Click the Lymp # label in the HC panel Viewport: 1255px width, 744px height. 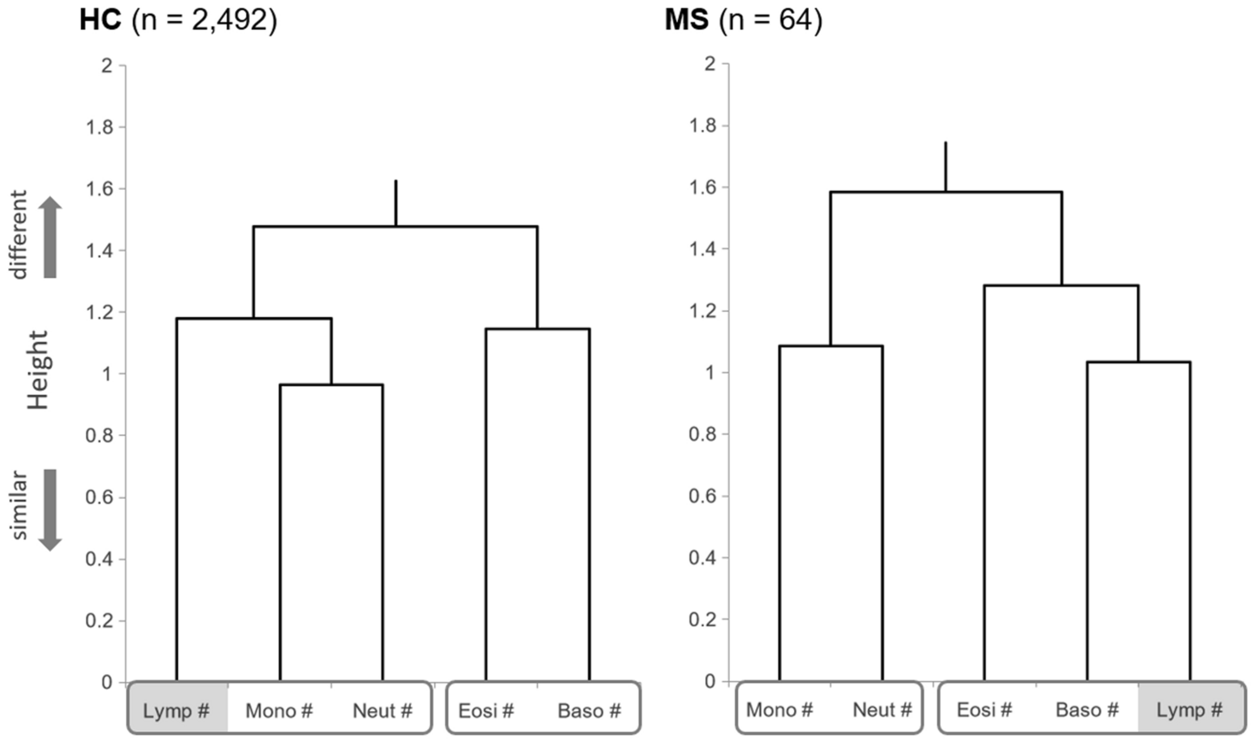tap(176, 709)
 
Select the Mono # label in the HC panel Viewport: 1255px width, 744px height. tap(279, 709)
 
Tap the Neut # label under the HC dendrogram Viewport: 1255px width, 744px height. tap(382, 709)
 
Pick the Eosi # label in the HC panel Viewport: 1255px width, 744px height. tap(485, 709)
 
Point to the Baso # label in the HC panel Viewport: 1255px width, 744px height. tap(589, 709)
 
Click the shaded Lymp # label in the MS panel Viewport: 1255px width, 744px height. tap(1189, 709)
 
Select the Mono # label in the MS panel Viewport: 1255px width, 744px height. tap(779, 709)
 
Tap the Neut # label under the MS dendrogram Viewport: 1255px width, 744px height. tap(881, 709)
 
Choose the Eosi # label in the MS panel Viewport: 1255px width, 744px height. tap(983, 709)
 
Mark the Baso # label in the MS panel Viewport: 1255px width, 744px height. tap(1086, 709)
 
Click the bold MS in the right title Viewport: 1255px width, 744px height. tap(687, 20)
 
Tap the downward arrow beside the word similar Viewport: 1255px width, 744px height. tap(51, 510)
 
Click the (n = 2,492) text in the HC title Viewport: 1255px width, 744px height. tap(204, 20)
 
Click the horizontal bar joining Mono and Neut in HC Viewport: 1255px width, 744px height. tap(331, 385)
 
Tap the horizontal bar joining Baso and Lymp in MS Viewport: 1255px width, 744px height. tap(1138, 362)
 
